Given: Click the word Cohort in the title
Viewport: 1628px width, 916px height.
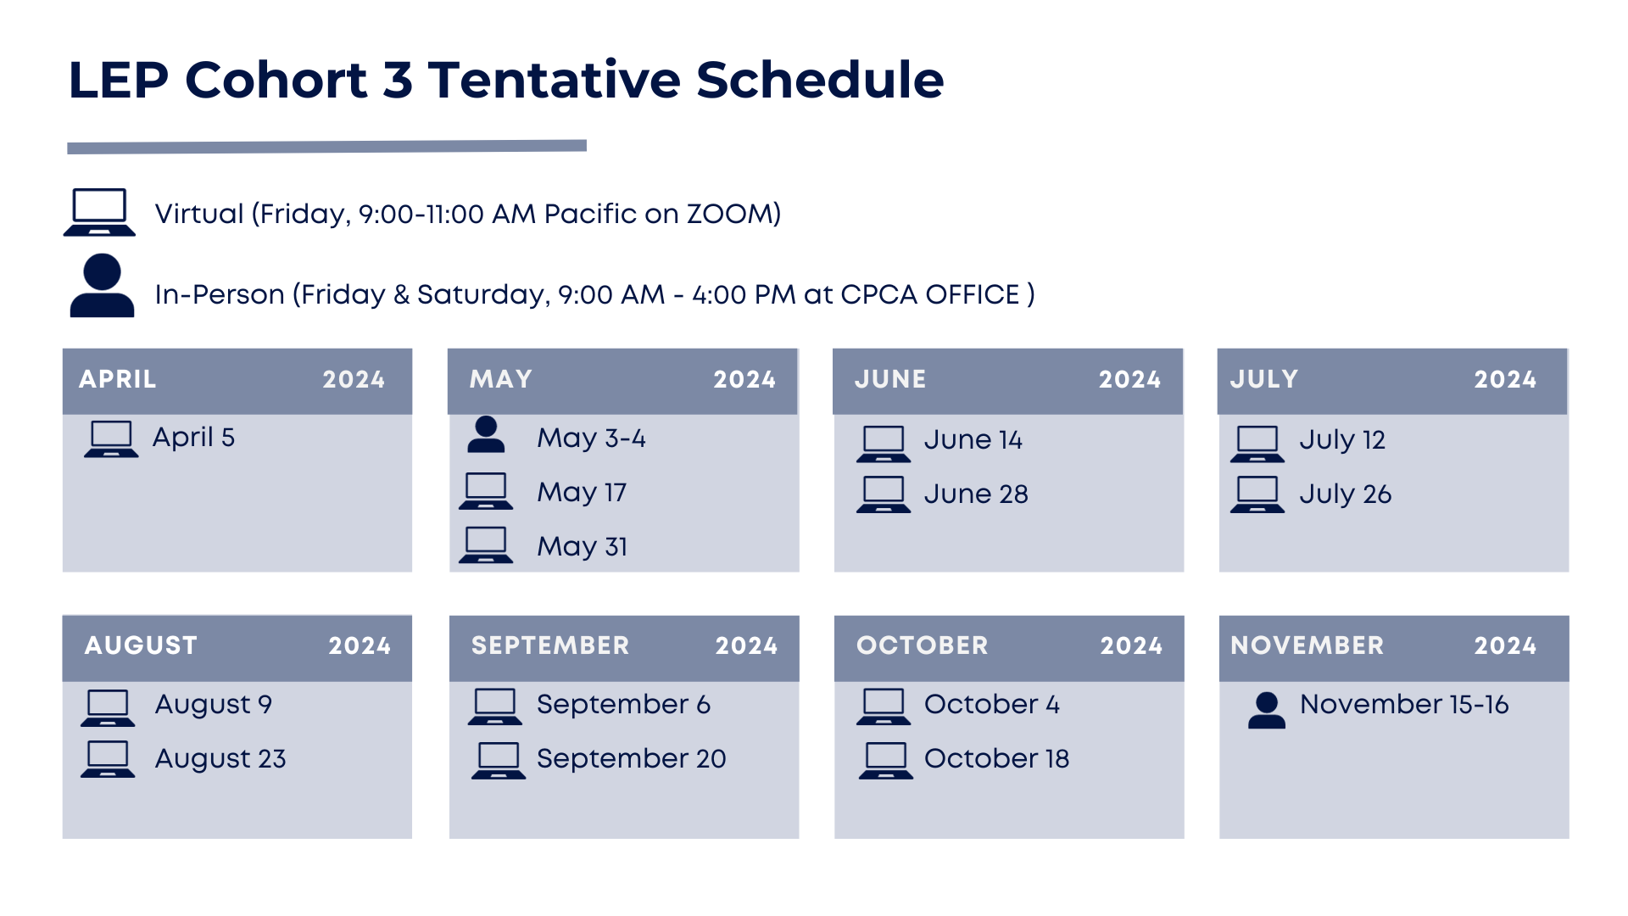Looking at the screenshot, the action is pyautogui.click(x=276, y=81).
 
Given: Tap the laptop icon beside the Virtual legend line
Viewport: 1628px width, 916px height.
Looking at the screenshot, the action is pyautogui.click(x=99, y=212).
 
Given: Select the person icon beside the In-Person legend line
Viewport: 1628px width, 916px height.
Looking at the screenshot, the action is pyautogui.click(x=102, y=286).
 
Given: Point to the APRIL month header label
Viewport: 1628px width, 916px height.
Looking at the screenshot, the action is pyautogui.click(x=118, y=379).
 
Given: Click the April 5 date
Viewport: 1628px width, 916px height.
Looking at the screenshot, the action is pyautogui.click(x=193, y=438).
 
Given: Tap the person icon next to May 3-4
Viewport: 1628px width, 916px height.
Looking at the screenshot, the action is pyautogui.click(x=486, y=435).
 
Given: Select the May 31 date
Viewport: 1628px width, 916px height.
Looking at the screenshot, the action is pyautogui.click(x=583, y=546).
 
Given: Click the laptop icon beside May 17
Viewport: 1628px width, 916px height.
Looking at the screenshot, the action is pyautogui.click(x=486, y=491).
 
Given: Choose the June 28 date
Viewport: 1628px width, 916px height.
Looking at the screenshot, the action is pyautogui.click(x=976, y=494).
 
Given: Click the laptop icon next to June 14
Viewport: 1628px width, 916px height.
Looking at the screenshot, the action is pyautogui.click(x=884, y=444).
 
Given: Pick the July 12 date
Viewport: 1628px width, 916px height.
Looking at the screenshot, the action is pyautogui.click(x=1342, y=440).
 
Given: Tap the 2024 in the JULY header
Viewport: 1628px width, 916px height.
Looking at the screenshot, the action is pyautogui.click(x=1505, y=379).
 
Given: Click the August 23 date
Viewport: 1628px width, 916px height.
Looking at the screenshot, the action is pyautogui.click(x=220, y=759).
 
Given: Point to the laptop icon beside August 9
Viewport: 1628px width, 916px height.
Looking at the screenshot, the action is pyautogui.click(x=108, y=708).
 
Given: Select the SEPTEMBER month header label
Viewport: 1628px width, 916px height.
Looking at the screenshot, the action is pyautogui.click(x=550, y=645).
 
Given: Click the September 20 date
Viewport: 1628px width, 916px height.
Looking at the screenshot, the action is pyautogui.click(x=632, y=759).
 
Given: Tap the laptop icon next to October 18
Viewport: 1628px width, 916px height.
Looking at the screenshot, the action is pyautogui.click(x=886, y=761).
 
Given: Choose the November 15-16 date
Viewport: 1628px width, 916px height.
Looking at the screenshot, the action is pyautogui.click(x=1404, y=704).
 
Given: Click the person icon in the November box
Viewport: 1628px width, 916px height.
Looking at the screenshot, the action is pyautogui.click(x=1267, y=711).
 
